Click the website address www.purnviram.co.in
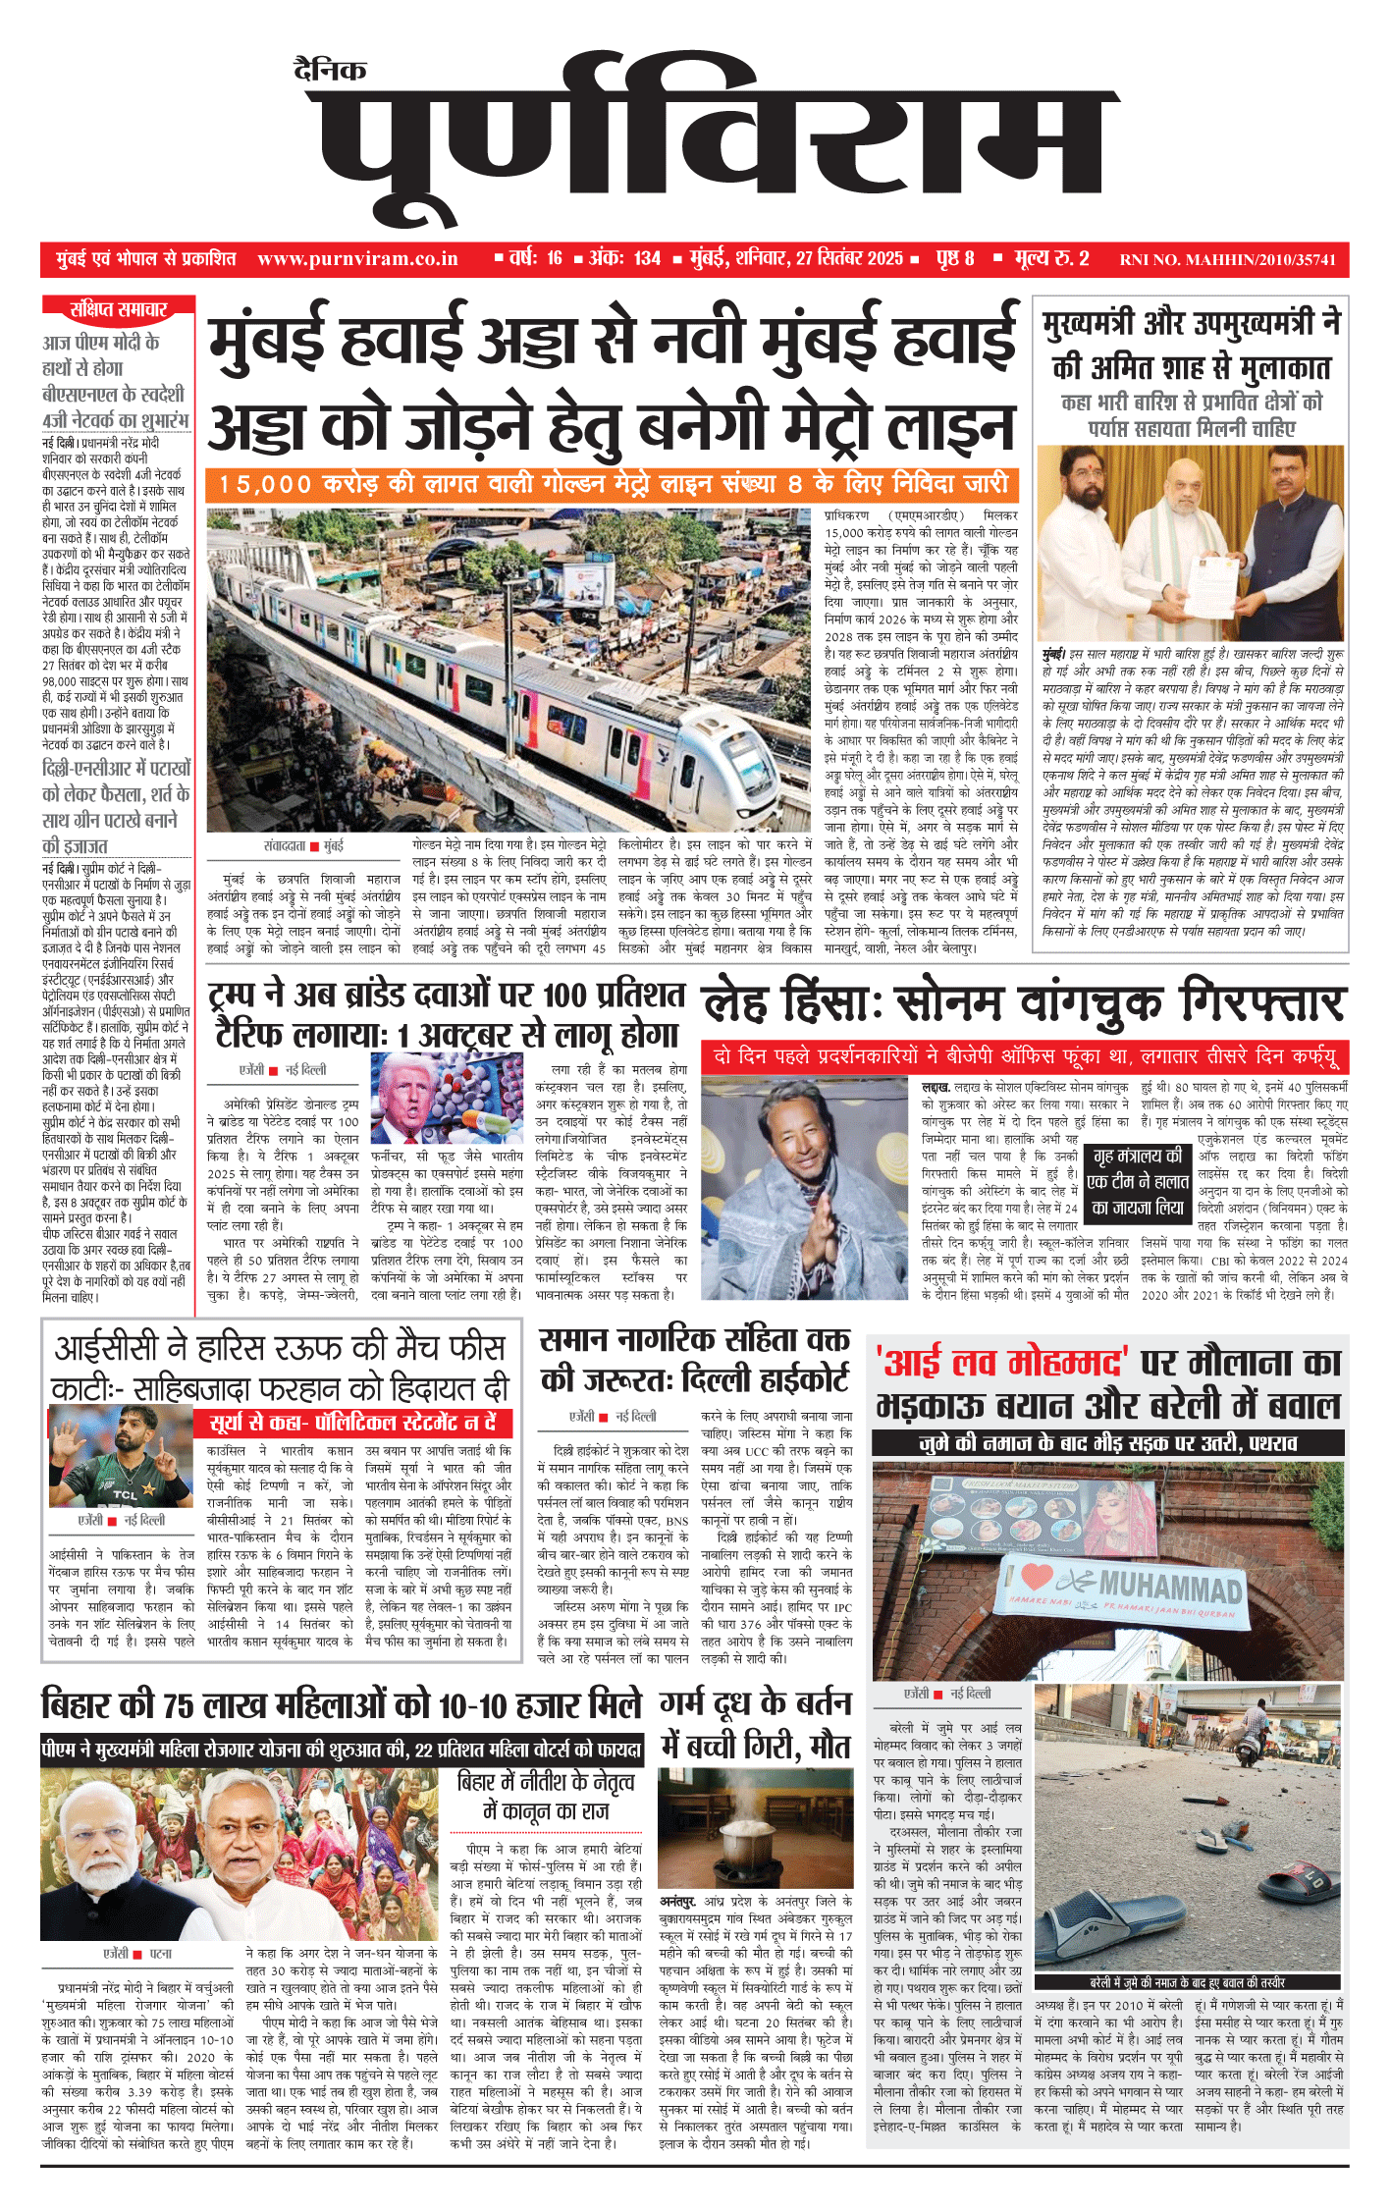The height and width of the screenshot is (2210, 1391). [x=357, y=259]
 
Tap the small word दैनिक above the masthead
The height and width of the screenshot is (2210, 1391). [x=330, y=70]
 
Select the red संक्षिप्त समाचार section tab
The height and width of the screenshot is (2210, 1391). [x=118, y=310]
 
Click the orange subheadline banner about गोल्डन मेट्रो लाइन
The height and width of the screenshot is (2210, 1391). [x=612, y=484]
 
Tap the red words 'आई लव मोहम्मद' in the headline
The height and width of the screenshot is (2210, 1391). [x=1002, y=1363]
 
